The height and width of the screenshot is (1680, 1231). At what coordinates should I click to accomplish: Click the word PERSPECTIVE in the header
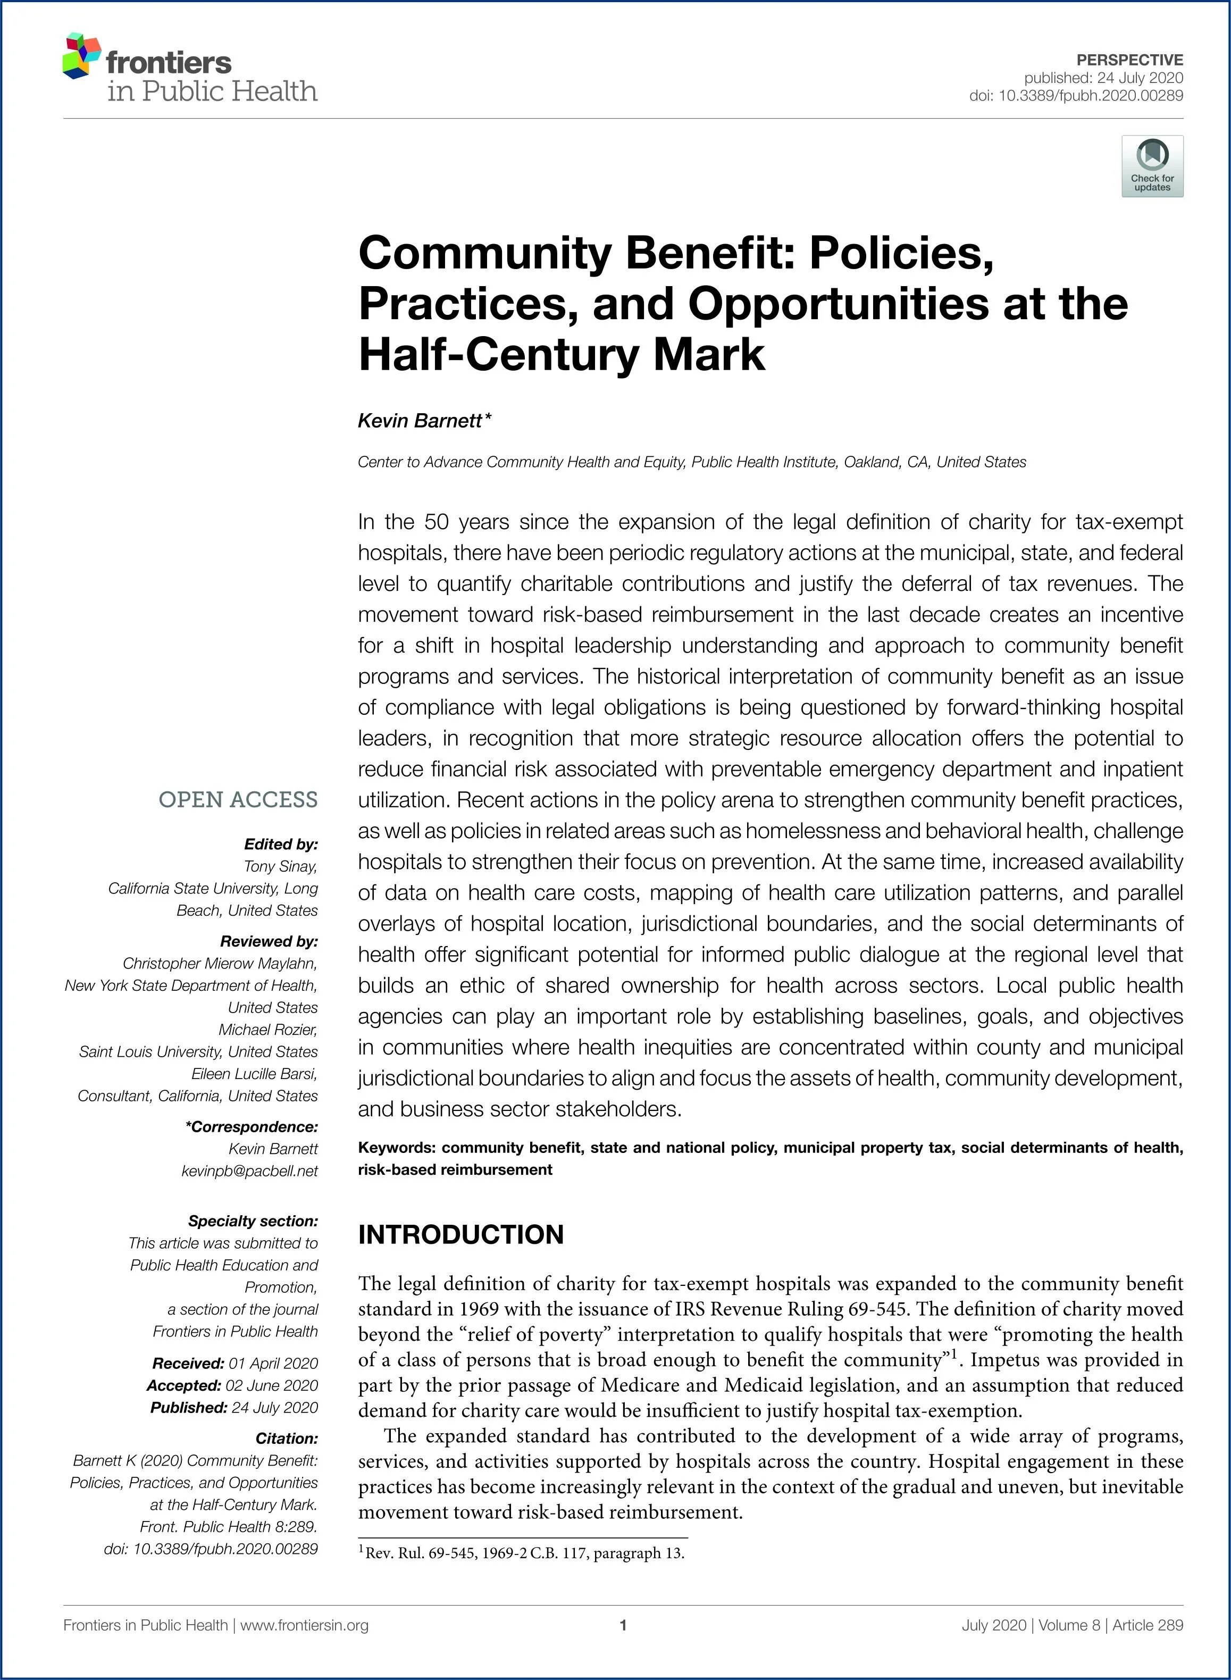(x=1129, y=60)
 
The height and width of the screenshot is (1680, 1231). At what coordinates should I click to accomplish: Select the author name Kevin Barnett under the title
(x=420, y=421)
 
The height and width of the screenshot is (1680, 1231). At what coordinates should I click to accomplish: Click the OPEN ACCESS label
(x=238, y=800)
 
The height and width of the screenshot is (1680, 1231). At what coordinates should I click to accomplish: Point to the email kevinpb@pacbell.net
(x=249, y=1172)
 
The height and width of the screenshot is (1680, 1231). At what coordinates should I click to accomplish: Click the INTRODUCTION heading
(x=460, y=1234)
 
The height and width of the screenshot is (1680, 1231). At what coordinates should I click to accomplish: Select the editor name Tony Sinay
(x=280, y=866)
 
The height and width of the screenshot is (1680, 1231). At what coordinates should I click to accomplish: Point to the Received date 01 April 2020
(x=273, y=1363)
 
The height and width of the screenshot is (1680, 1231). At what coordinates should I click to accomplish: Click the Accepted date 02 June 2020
(x=271, y=1385)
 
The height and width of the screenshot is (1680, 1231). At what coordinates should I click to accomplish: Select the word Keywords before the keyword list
(x=395, y=1148)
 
